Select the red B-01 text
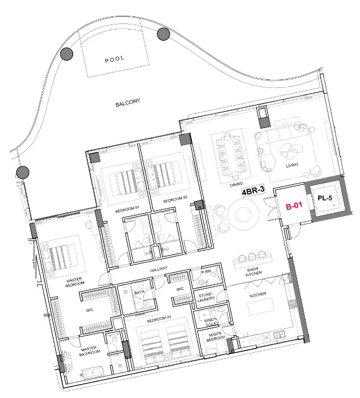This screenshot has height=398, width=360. pos(294,207)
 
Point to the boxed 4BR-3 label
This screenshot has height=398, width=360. pos(252,191)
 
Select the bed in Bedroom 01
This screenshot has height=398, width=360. pos(127,180)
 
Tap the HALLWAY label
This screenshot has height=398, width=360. pos(159,269)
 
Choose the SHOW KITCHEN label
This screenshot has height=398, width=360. pos(254,271)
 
